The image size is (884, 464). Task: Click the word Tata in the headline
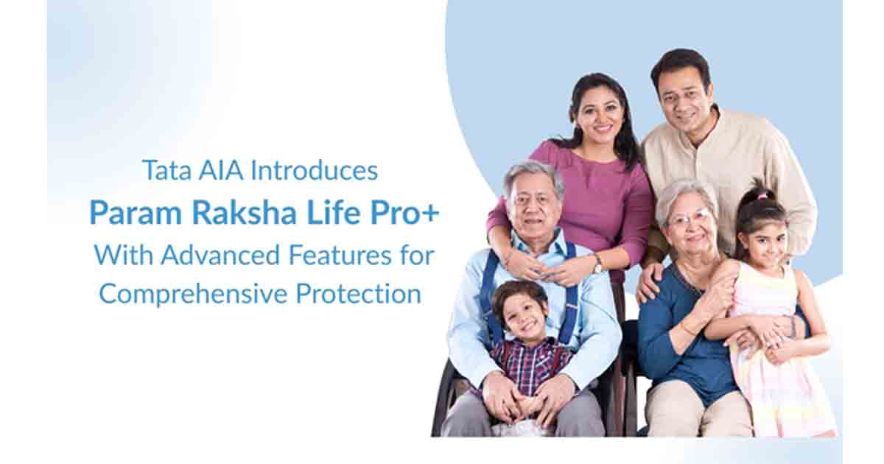(x=167, y=170)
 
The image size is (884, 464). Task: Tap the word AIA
(x=221, y=170)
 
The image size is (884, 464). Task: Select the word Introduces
(x=314, y=170)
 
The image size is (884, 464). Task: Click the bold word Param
(x=136, y=213)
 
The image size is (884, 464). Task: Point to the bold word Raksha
(x=244, y=213)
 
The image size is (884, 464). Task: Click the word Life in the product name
(x=334, y=213)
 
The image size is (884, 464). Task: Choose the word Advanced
(x=220, y=256)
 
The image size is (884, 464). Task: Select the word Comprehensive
(x=193, y=295)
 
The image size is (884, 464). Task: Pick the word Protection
(x=358, y=294)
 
